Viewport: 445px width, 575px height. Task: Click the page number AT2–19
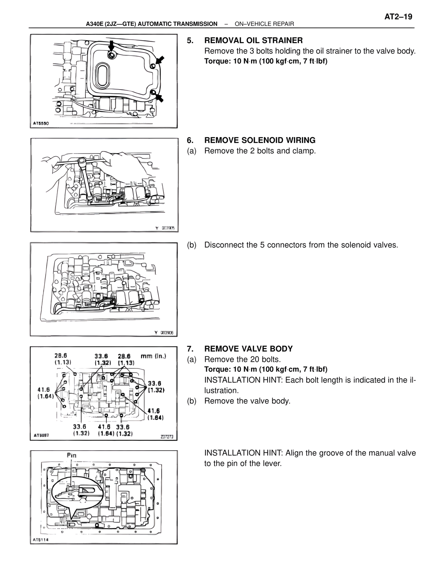(x=398, y=17)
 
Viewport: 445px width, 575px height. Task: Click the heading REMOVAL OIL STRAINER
(x=253, y=40)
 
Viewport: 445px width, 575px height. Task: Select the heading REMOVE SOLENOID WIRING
(x=260, y=140)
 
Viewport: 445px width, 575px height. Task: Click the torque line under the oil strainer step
(x=266, y=61)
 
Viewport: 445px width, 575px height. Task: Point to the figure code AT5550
(x=41, y=123)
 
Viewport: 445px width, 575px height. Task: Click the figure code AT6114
(x=41, y=540)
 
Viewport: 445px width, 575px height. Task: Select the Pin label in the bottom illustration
(x=71, y=455)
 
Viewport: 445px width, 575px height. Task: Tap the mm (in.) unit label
(x=153, y=356)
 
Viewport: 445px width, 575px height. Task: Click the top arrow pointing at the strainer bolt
(x=112, y=45)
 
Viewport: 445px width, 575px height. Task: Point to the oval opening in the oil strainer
(x=104, y=75)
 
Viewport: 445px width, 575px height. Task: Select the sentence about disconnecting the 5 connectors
(x=301, y=245)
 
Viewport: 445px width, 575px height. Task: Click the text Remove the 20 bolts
(x=242, y=359)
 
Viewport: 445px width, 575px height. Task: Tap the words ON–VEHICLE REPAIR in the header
(x=264, y=24)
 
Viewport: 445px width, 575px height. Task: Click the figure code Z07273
(x=167, y=437)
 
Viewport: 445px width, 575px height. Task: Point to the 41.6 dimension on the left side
(x=45, y=393)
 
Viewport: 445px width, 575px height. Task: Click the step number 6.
(x=190, y=140)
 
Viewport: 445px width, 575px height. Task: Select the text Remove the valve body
(x=247, y=401)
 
